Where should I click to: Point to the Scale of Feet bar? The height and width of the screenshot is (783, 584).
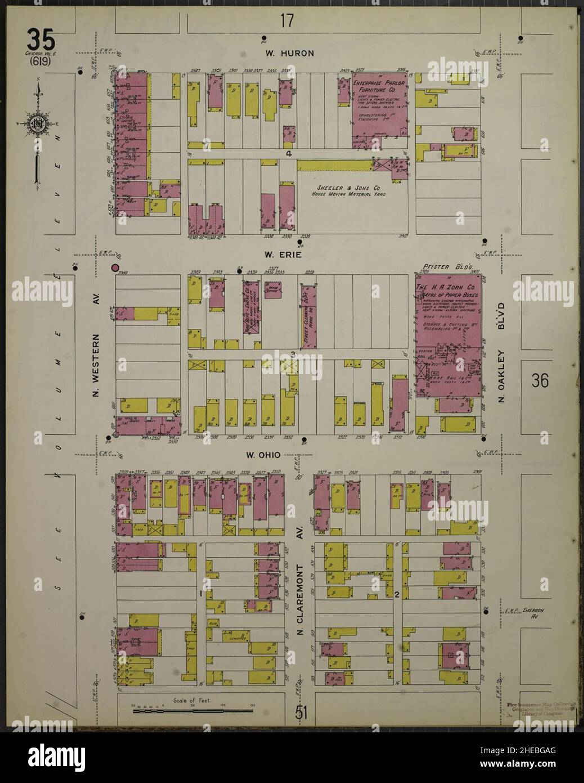click(192, 711)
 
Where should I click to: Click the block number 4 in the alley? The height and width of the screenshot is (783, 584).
click(288, 154)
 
